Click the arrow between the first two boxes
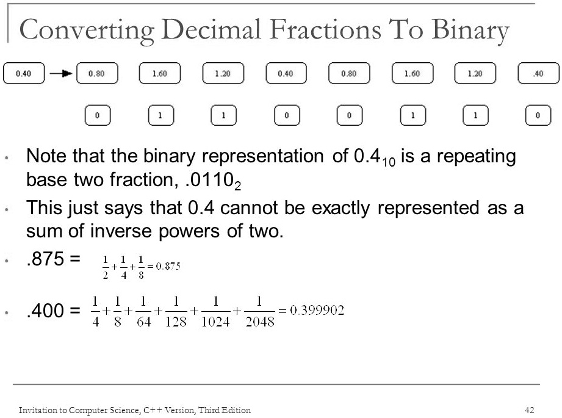[x=61, y=73]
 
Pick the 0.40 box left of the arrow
[x=24, y=73]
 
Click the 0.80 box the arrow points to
[x=97, y=73]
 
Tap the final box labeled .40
[x=538, y=73]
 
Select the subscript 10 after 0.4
[x=389, y=162]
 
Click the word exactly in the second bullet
[x=341, y=209]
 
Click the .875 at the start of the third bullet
[x=46, y=259]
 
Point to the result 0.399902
[x=317, y=310]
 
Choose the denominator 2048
[x=260, y=322]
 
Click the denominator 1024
[x=215, y=322]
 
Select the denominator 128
[x=176, y=322]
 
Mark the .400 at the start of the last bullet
[x=46, y=311]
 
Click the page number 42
[x=530, y=409]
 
